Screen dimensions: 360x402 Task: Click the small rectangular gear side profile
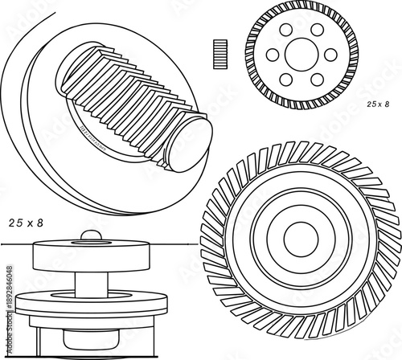215,54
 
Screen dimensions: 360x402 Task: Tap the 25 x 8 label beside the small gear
377,104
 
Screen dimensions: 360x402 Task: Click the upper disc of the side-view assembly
91,256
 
